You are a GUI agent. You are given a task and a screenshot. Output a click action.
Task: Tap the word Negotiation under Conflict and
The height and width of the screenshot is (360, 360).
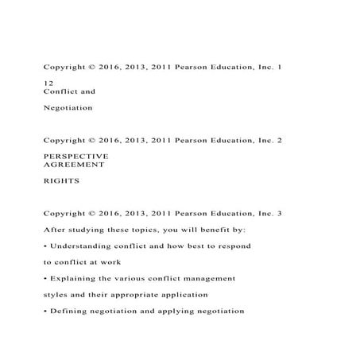pyautogui.click(x=68, y=106)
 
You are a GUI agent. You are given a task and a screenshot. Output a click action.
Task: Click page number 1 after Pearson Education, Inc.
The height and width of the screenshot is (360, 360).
pyautogui.click(x=279, y=67)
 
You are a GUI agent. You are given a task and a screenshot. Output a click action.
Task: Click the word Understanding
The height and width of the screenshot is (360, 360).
pyautogui.click(x=81, y=246)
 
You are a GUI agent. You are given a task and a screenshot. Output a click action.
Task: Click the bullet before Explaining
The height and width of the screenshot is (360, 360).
pyautogui.click(x=45, y=279)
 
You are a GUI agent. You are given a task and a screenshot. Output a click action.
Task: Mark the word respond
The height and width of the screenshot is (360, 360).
pyautogui.click(x=232, y=246)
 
